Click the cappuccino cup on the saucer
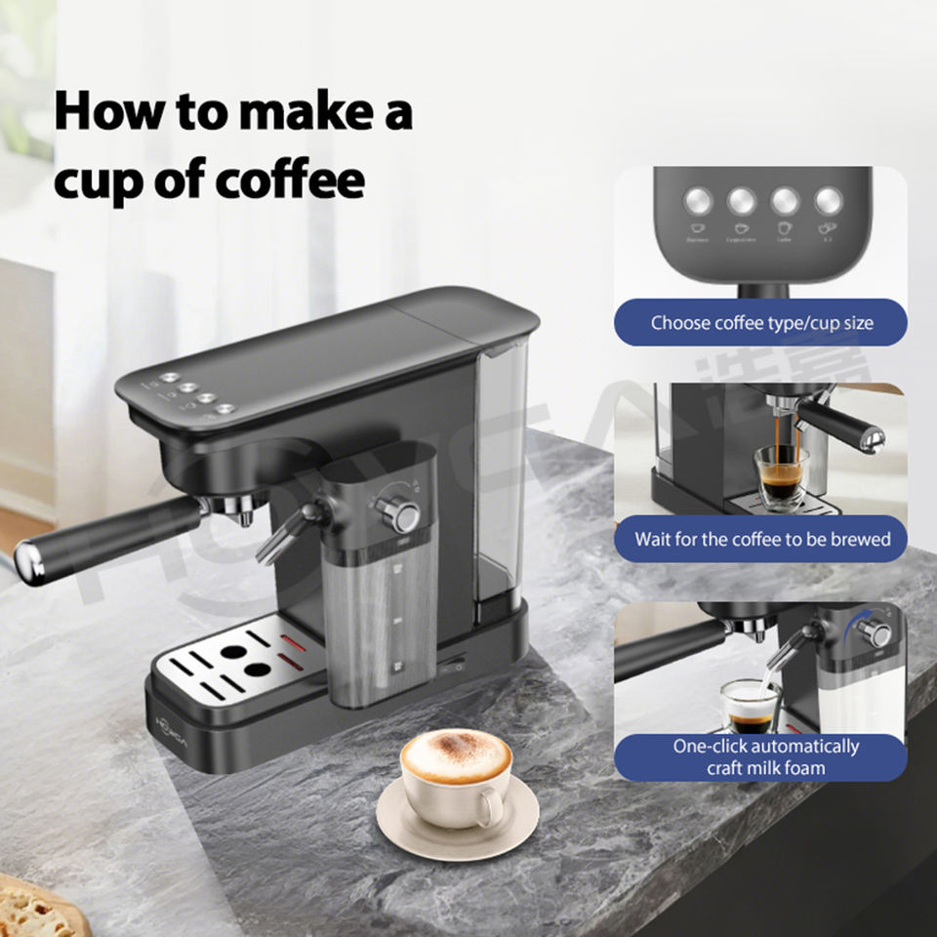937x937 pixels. [456, 771]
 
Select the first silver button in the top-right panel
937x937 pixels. [698, 201]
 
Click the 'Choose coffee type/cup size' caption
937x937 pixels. [761, 322]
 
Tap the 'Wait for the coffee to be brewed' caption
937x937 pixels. [761, 539]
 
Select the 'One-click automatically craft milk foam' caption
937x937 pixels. [765, 756]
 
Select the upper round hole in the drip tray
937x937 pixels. [233, 650]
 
